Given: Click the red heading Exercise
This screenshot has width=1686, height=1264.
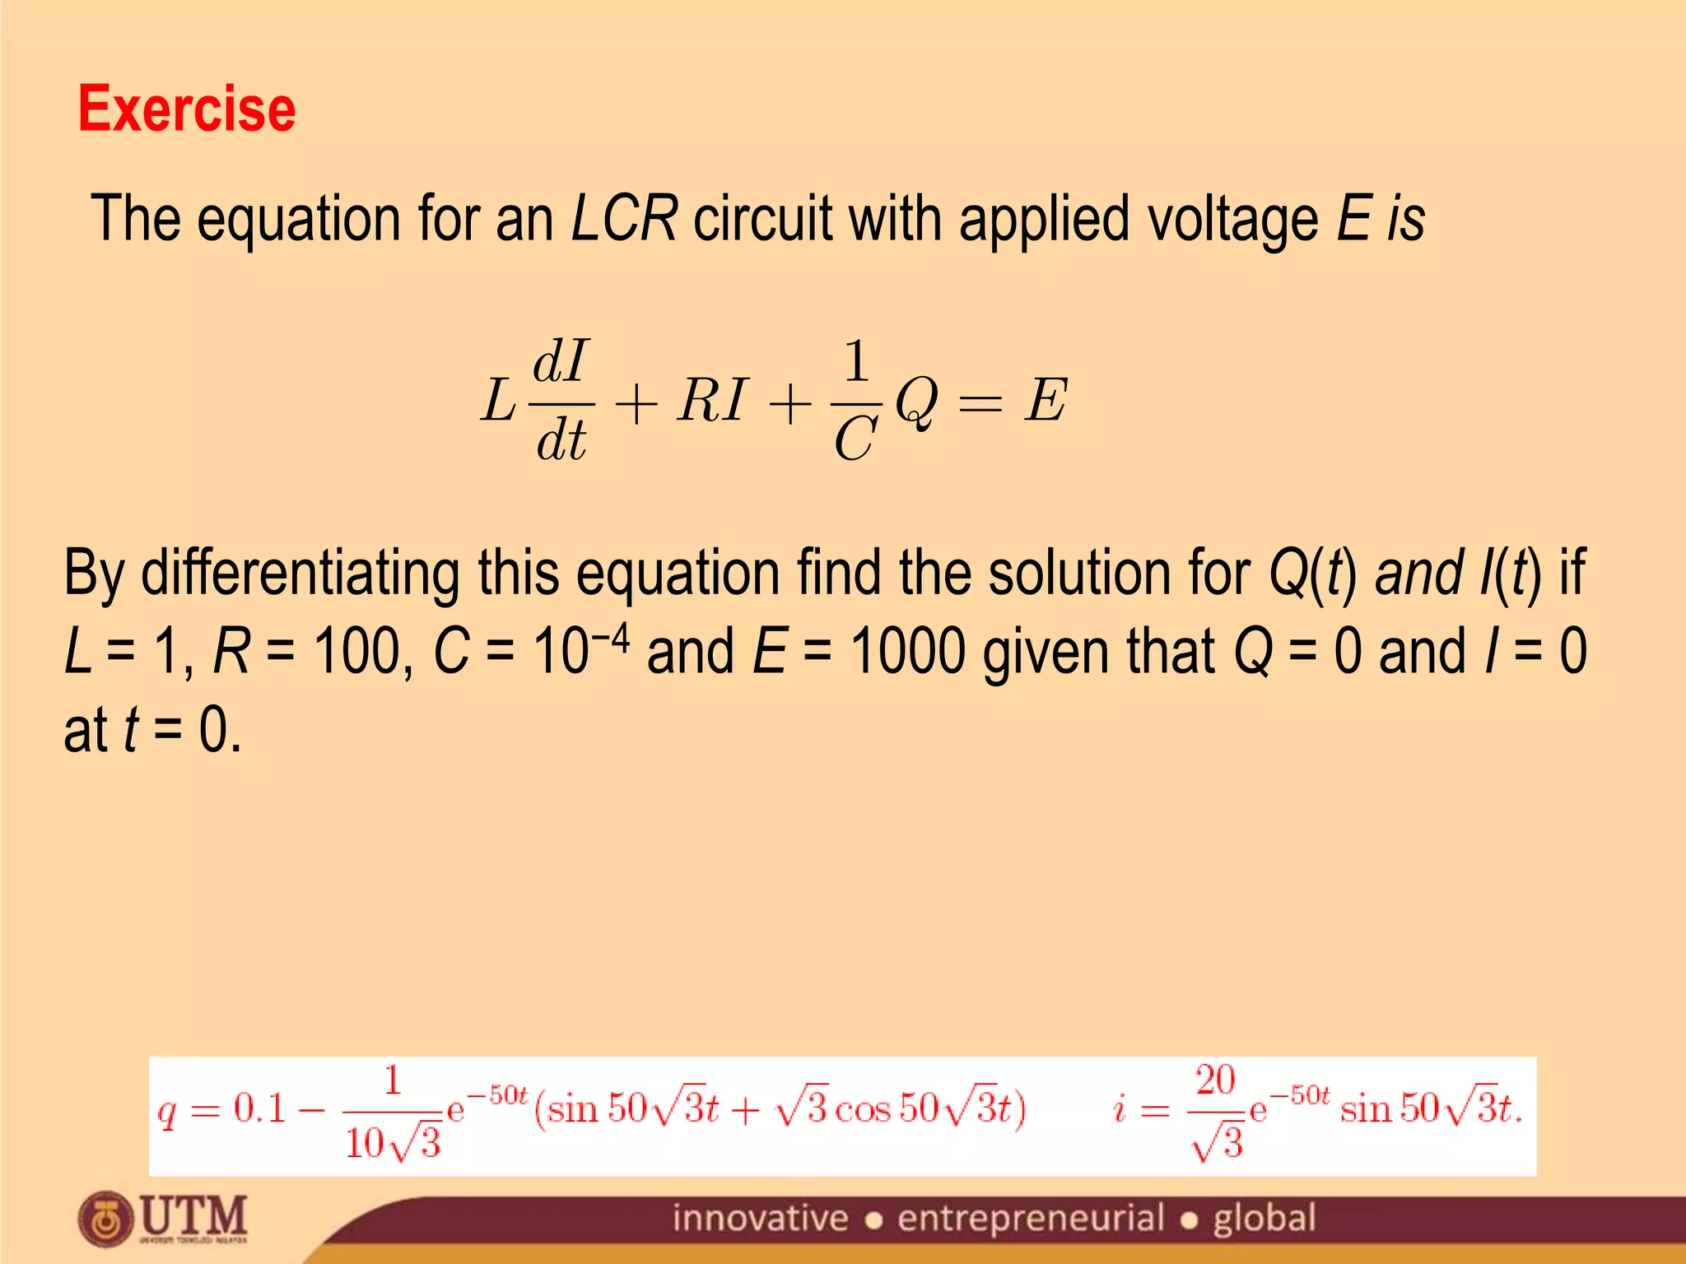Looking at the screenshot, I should click(x=187, y=109).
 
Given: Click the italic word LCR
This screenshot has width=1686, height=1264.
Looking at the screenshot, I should click(x=624, y=219).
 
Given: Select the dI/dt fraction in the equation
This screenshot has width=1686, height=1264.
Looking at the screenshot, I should click(x=561, y=400).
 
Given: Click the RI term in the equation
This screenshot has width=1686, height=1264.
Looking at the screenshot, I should click(x=711, y=401).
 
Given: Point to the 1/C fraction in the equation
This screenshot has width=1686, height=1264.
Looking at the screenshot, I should click(x=856, y=400).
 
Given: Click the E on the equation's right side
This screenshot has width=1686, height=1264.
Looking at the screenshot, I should click(x=1046, y=401).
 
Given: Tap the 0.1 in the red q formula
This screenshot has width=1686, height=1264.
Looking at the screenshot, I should click(x=259, y=1108).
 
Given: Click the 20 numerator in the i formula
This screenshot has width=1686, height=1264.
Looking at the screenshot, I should click(x=1215, y=1080).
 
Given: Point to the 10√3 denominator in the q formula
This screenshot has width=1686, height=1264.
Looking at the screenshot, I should click(x=394, y=1143).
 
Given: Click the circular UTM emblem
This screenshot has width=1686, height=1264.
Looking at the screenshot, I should click(x=105, y=1219).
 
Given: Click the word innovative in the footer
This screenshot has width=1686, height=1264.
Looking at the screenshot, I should click(x=760, y=1219).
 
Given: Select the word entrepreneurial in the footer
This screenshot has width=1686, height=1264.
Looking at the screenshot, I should click(x=1031, y=1219).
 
